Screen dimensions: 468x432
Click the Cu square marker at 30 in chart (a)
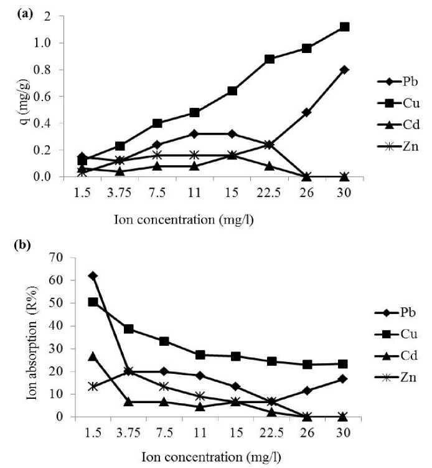[344, 27]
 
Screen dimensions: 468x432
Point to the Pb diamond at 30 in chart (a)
[344, 70]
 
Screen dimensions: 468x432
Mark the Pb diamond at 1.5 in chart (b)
[93, 275]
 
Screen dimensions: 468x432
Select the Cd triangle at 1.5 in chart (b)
[93, 356]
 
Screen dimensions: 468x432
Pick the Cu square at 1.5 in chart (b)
[93, 302]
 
